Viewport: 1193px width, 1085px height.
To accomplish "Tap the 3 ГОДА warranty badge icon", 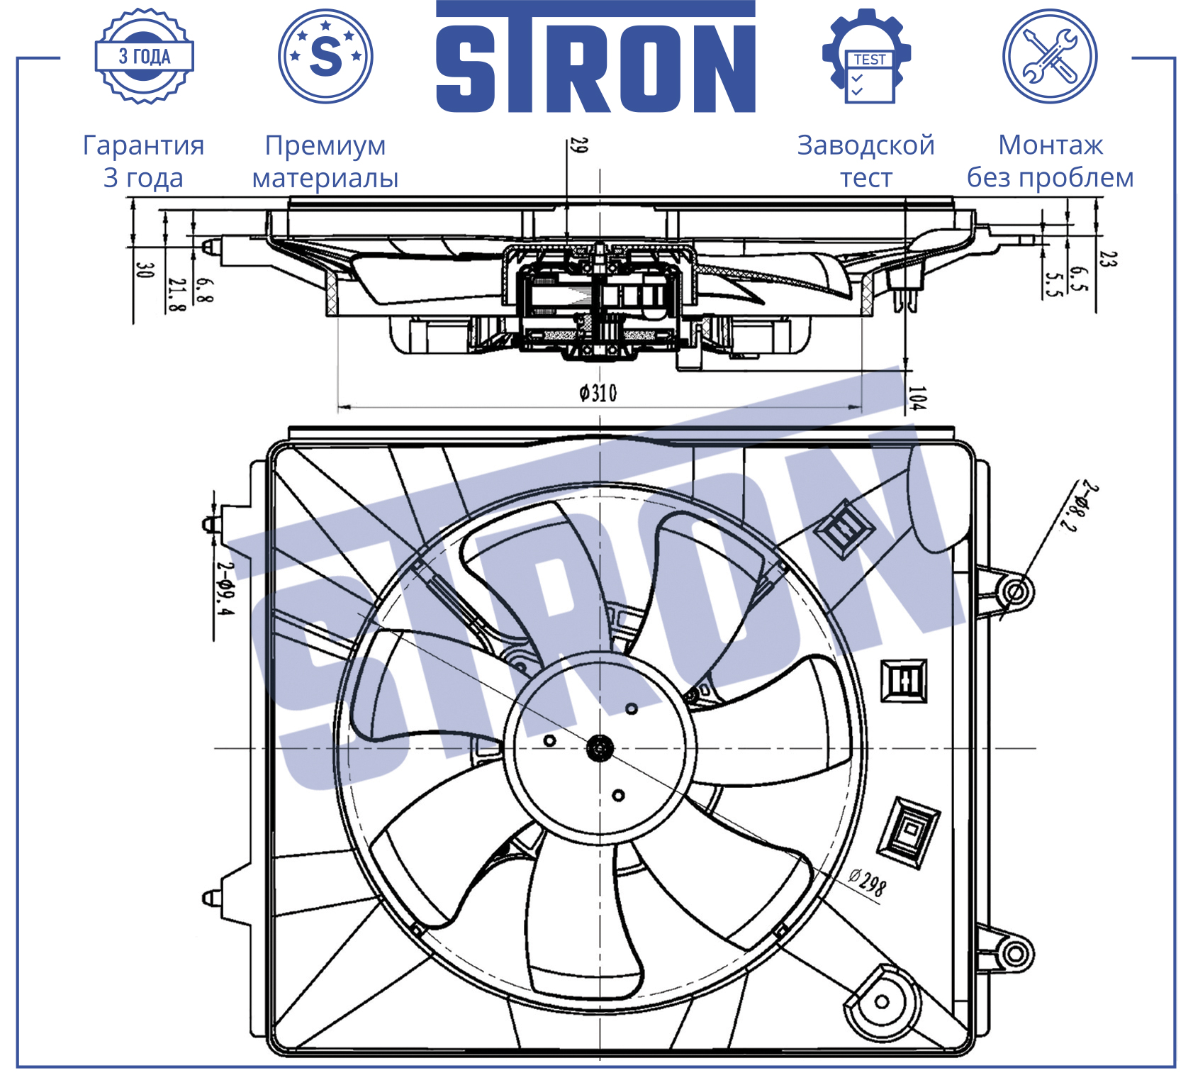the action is [145, 56].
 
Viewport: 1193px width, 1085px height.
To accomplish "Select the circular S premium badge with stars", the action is [325, 56].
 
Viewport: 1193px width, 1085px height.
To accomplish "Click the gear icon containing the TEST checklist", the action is [866, 56].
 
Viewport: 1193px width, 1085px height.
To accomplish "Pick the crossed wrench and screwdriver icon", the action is [1050, 56].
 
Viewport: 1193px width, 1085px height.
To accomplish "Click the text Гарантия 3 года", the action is [144, 161].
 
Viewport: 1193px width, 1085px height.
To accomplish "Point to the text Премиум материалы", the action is [325, 161].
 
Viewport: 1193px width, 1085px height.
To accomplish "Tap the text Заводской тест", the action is [866, 161].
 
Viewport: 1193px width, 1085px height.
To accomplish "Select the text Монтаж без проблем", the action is [1051, 161].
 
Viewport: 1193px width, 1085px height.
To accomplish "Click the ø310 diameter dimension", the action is [598, 392].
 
